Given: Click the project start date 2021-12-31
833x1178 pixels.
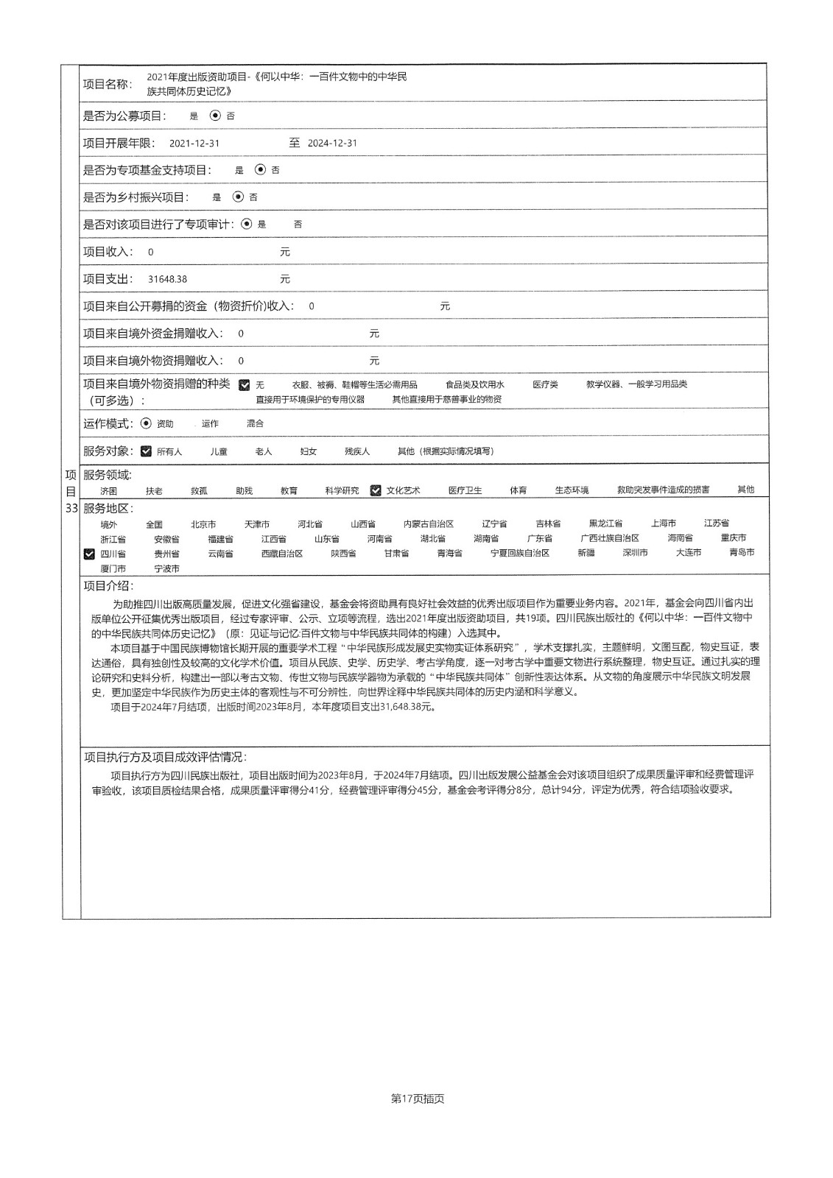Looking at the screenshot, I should (x=194, y=144).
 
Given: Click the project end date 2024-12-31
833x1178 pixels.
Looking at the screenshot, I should (x=332, y=144).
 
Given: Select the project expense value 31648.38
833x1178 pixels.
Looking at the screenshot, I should (x=167, y=280).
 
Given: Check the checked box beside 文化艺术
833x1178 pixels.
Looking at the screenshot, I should (x=376, y=490).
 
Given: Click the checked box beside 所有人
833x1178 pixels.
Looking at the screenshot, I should (x=146, y=451).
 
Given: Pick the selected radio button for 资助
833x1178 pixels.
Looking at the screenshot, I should (x=146, y=423).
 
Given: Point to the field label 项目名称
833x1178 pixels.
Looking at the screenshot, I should (x=107, y=84).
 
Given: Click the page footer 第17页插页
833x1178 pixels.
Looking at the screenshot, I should (x=418, y=1098).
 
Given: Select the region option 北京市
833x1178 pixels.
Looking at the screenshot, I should (x=203, y=524).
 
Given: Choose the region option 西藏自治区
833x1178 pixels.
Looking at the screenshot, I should (x=282, y=554).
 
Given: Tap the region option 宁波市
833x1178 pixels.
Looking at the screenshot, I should (x=166, y=569).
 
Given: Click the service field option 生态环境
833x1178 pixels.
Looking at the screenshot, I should (x=572, y=490).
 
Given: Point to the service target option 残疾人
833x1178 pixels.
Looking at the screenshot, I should (x=357, y=451).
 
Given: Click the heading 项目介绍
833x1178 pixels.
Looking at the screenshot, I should (x=108, y=586).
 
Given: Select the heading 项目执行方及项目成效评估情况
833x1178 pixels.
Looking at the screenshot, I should (x=165, y=757).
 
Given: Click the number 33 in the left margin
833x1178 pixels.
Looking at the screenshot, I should (x=71, y=508).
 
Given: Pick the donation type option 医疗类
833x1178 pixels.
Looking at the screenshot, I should (x=545, y=384).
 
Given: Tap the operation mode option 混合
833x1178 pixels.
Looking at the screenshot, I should (x=255, y=424).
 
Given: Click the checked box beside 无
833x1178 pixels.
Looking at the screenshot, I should (x=245, y=385).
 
